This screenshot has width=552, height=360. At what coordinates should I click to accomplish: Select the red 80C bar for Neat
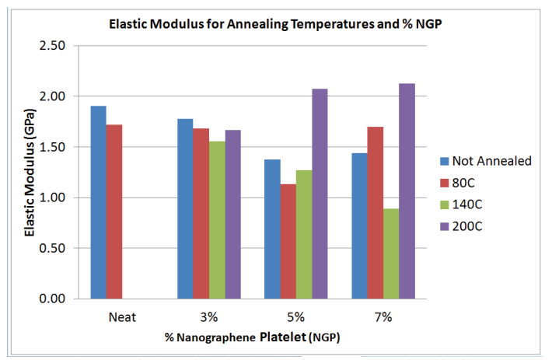[x=114, y=211]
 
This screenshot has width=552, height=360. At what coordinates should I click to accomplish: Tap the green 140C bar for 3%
[x=217, y=220]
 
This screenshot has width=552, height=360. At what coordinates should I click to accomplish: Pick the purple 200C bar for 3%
[x=232, y=215]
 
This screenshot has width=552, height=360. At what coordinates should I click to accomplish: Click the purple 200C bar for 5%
[x=320, y=194]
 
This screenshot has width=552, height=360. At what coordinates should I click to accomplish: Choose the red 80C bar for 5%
[x=288, y=241]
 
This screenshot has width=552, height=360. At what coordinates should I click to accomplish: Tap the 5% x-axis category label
[x=295, y=317]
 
